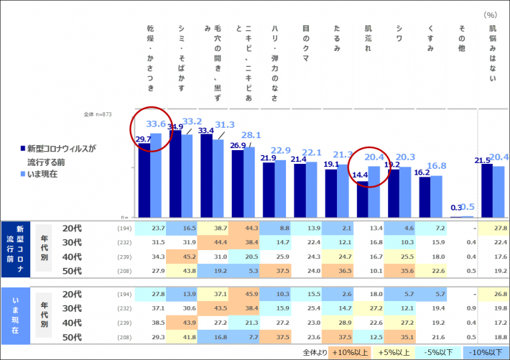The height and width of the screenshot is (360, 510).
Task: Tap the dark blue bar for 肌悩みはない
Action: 487,190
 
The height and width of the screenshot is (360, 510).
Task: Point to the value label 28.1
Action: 251,135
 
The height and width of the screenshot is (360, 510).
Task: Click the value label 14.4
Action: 360,174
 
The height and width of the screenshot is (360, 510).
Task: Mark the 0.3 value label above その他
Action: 456,208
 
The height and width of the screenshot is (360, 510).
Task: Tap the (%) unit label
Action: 491,13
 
